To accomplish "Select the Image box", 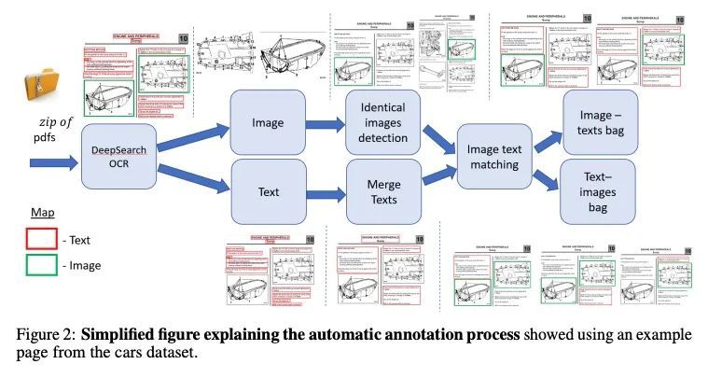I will pos(268,123).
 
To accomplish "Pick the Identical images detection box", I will pos(382,123).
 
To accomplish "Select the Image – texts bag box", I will pos(600,122).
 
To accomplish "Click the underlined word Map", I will pos(43,213).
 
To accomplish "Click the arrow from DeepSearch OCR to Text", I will pos(192,177).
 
